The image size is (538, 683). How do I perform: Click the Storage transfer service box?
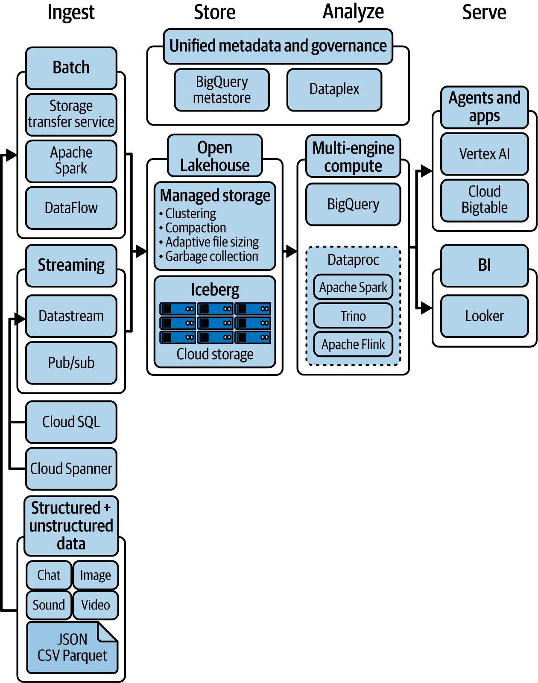71,114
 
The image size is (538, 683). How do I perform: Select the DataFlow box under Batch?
71,208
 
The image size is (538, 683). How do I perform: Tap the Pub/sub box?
71,363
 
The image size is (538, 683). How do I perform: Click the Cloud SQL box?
71,422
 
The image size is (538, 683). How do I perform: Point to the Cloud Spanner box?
71,469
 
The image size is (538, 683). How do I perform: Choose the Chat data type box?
49,575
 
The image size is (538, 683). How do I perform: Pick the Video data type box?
96,605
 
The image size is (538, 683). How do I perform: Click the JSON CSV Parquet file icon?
72,648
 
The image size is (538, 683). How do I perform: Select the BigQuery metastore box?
222,90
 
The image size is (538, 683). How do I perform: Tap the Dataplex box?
334,89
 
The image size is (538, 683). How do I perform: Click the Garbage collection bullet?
211,256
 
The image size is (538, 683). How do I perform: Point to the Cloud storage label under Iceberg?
215,354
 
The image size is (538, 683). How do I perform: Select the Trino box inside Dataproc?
353,316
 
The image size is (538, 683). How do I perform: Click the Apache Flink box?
353,344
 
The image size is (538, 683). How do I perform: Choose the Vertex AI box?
484,154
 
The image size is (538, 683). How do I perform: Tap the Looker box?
484,316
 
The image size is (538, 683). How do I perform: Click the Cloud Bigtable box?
484,200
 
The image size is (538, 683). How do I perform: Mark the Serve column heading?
484,12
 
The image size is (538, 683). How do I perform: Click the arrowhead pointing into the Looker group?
426,308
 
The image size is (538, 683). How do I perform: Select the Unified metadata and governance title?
278,46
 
